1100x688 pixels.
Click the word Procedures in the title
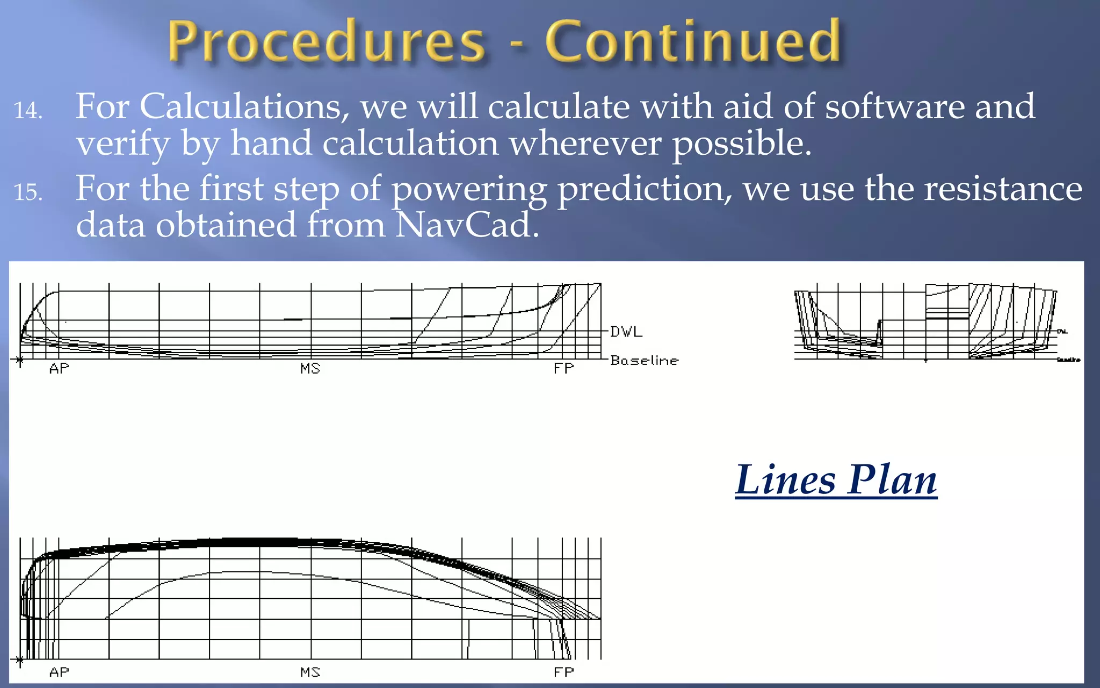[327, 42]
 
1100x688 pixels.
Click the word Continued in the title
[693, 41]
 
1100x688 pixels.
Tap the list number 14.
[28, 111]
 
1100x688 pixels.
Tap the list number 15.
[28, 192]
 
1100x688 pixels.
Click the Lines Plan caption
[836, 479]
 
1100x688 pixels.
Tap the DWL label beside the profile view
[626, 332]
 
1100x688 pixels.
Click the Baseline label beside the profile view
[644, 360]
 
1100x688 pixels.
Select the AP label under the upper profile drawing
[59, 369]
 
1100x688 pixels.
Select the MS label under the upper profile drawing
[310, 369]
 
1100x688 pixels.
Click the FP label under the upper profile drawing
[564, 369]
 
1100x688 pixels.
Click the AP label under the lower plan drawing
[59, 672]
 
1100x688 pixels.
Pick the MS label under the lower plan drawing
[310, 672]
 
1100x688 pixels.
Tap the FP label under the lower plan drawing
[564, 672]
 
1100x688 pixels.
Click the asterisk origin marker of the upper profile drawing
[19, 359]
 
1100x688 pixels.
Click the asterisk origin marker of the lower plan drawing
[19, 660]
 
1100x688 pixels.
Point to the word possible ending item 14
[741, 144]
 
